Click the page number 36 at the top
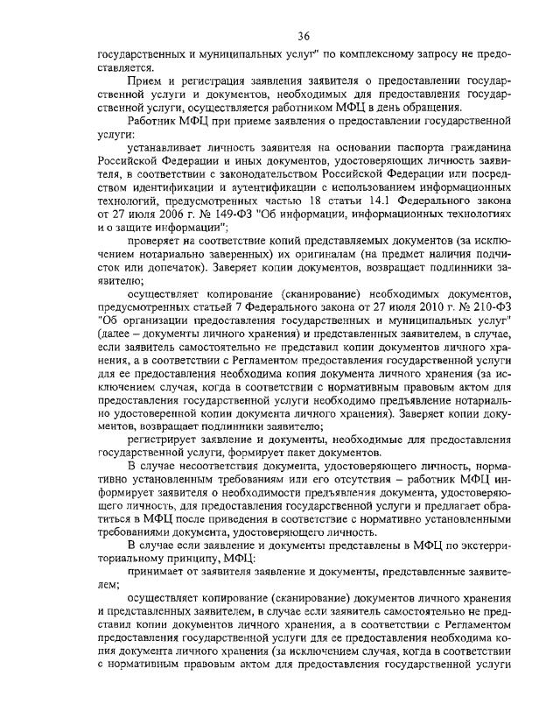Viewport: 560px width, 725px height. (304, 35)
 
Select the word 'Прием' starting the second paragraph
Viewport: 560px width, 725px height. (146, 81)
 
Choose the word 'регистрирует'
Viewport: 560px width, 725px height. (165, 439)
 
